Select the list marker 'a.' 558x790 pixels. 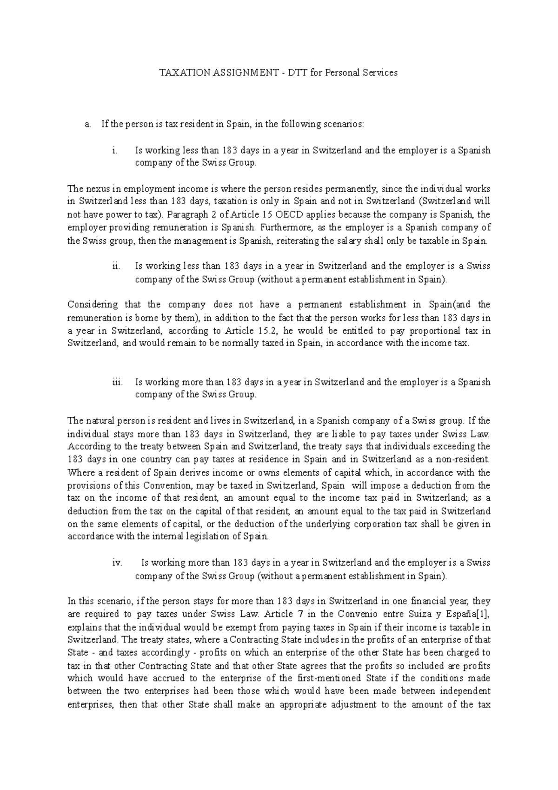[x=87, y=124]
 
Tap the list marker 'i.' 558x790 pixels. [x=114, y=151]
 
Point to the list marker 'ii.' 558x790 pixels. [x=116, y=267]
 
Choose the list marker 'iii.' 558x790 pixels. [x=117, y=382]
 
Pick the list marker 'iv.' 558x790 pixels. [x=117, y=562]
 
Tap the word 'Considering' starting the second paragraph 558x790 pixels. [x=93, y=305]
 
